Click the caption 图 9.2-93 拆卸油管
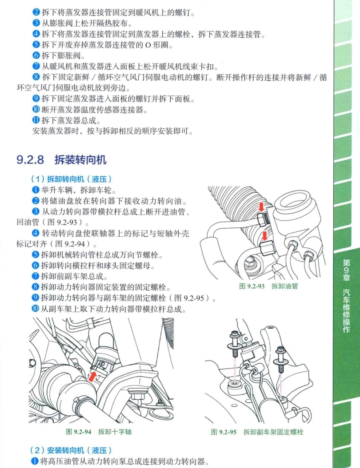pyautogui.click(x=269, y=286)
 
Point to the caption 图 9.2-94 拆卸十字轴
pyautogui.click(x=99, y=431)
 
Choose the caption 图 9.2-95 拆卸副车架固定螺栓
pyautogui.click(x=257, y=432)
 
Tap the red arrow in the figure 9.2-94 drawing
pyautogui.click(x=92, y=377)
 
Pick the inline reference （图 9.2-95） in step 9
pyautogui.click(x=190, y=298)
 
